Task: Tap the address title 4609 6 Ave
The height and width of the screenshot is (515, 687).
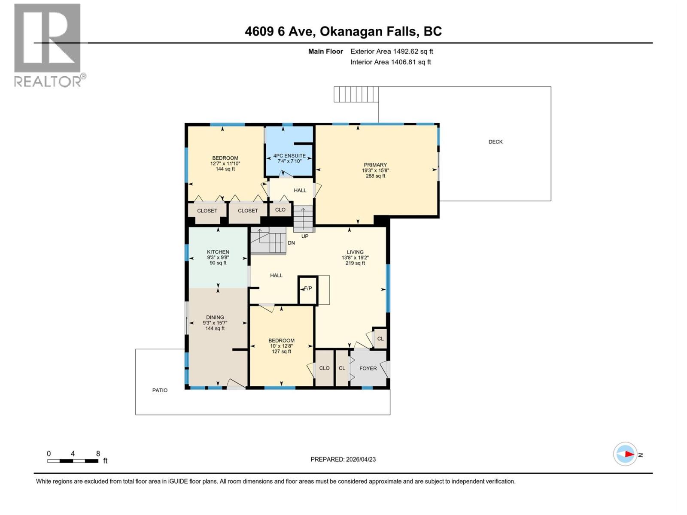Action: tap(343, 31)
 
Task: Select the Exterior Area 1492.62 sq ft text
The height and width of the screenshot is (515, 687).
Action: tap(391, 51)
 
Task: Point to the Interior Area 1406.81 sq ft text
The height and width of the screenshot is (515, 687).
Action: tap(390, 62)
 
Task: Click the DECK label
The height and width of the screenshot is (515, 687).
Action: tap(495, 142)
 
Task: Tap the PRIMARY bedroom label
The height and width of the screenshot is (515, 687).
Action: tap(375, 165)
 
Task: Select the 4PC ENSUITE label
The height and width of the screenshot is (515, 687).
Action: tap(289, 156)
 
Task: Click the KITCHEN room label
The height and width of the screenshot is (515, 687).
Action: tap(218, 252)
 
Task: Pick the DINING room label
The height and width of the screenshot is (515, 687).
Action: tap(215, 318)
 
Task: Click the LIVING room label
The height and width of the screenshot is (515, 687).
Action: tap(355, 252)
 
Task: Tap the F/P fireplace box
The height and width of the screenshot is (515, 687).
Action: tap(308, 289)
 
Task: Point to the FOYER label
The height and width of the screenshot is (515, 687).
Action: tap(368, 369)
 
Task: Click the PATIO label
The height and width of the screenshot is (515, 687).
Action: tap(160, 391)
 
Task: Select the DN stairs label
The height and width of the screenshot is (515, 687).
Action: tap(291, 243)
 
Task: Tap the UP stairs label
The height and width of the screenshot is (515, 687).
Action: tap(305, 236)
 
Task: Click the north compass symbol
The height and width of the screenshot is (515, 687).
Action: tap(626, 454)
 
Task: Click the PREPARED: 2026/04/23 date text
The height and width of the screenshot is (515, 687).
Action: tap(343, 459)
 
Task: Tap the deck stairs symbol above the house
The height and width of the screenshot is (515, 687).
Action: tap(356, 94)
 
